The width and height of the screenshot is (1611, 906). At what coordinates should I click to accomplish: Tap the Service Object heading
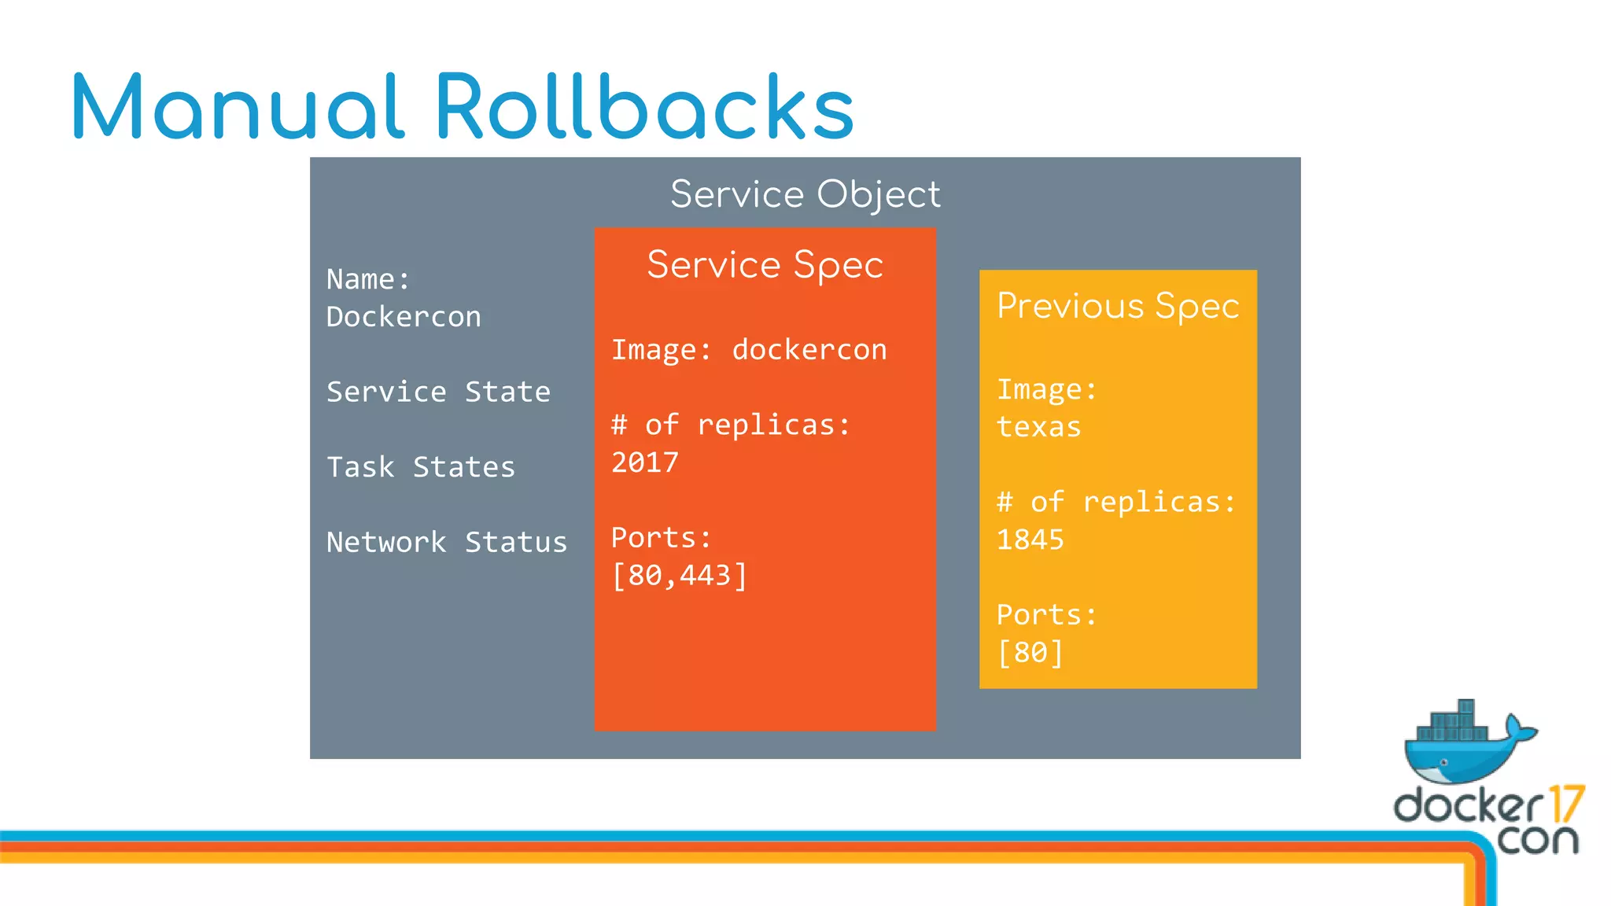click(805, 194)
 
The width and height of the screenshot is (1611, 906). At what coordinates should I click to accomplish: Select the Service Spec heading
click(765, 265)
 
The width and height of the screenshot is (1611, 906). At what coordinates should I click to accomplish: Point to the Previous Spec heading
click(1118, 306)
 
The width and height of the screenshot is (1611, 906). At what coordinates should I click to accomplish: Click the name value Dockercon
click(404, 317)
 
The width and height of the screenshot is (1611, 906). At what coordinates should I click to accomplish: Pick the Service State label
click(438, 392)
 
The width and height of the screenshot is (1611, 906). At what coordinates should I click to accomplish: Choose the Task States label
click(421, 467)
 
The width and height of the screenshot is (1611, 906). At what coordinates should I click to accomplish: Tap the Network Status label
click(446, 543)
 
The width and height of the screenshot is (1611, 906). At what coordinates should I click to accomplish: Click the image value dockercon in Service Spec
click(809, 350)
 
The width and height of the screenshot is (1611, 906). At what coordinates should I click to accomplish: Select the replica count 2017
click(645, 462)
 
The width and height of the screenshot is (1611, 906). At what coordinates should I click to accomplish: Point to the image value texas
click(1038, 427)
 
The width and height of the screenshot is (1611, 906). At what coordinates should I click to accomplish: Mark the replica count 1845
click(1030, 540)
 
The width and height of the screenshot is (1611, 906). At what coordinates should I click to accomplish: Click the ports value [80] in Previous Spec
click(1030, 653)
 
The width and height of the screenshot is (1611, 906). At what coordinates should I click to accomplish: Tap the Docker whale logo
click(1468, 743)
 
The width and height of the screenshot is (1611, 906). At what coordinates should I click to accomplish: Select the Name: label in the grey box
click(368, 279)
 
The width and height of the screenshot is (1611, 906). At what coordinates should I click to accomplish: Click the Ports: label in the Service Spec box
click(661, 538)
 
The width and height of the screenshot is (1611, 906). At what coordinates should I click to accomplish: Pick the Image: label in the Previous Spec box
click(1046, 390)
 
